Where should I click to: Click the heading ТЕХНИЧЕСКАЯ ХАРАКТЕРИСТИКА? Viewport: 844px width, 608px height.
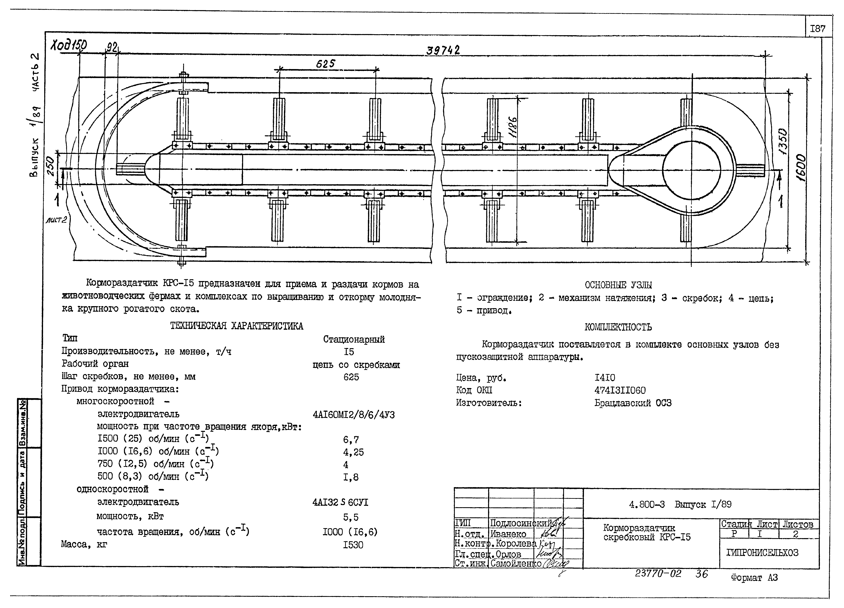tap(237, 326)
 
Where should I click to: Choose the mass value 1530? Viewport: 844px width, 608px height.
tap(353, 545)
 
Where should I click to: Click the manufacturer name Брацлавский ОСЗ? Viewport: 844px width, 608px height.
tap(633, 403)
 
